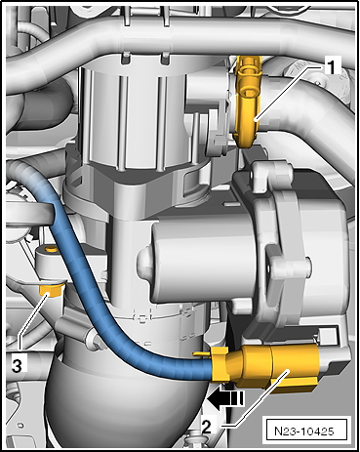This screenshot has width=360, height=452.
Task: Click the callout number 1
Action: point(331,66)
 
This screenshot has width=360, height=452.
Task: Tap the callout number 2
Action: point(207,427)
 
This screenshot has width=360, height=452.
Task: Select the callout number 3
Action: point(17,365)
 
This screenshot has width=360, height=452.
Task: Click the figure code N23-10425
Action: point(304,431)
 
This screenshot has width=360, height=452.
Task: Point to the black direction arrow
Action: point(224,399)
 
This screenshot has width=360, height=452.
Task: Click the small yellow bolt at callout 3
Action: point(50,289)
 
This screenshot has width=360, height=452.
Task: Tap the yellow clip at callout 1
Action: point(248,101)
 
